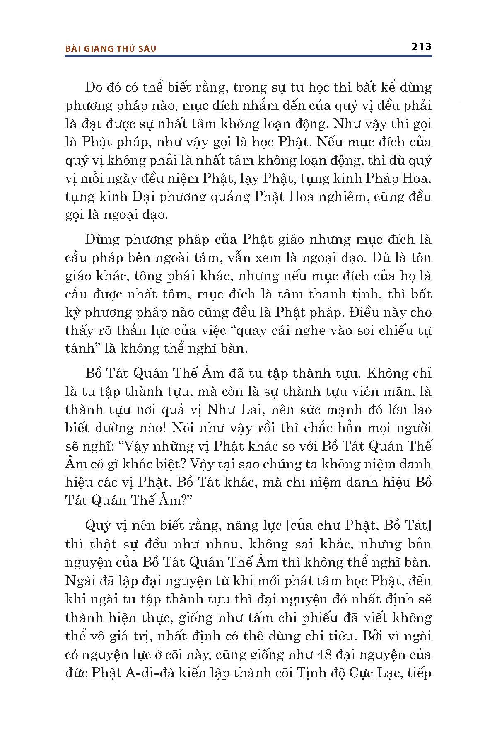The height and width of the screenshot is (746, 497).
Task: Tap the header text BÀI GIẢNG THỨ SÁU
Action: (x=111, y=48)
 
